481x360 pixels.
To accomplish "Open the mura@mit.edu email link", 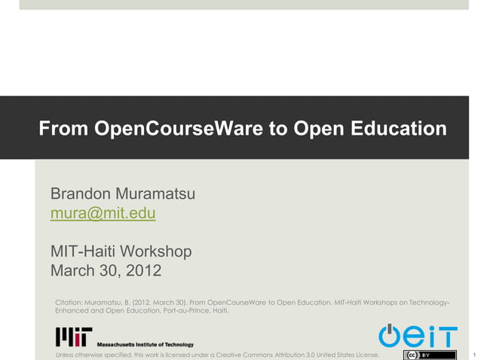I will tap(103, 214).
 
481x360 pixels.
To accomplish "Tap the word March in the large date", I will tap(73, 270).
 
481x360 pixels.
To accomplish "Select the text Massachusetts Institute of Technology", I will tap(145, 344).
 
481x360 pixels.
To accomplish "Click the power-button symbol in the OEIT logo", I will tap(390, 334).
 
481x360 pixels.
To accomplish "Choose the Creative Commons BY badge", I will tap(430, 355).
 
